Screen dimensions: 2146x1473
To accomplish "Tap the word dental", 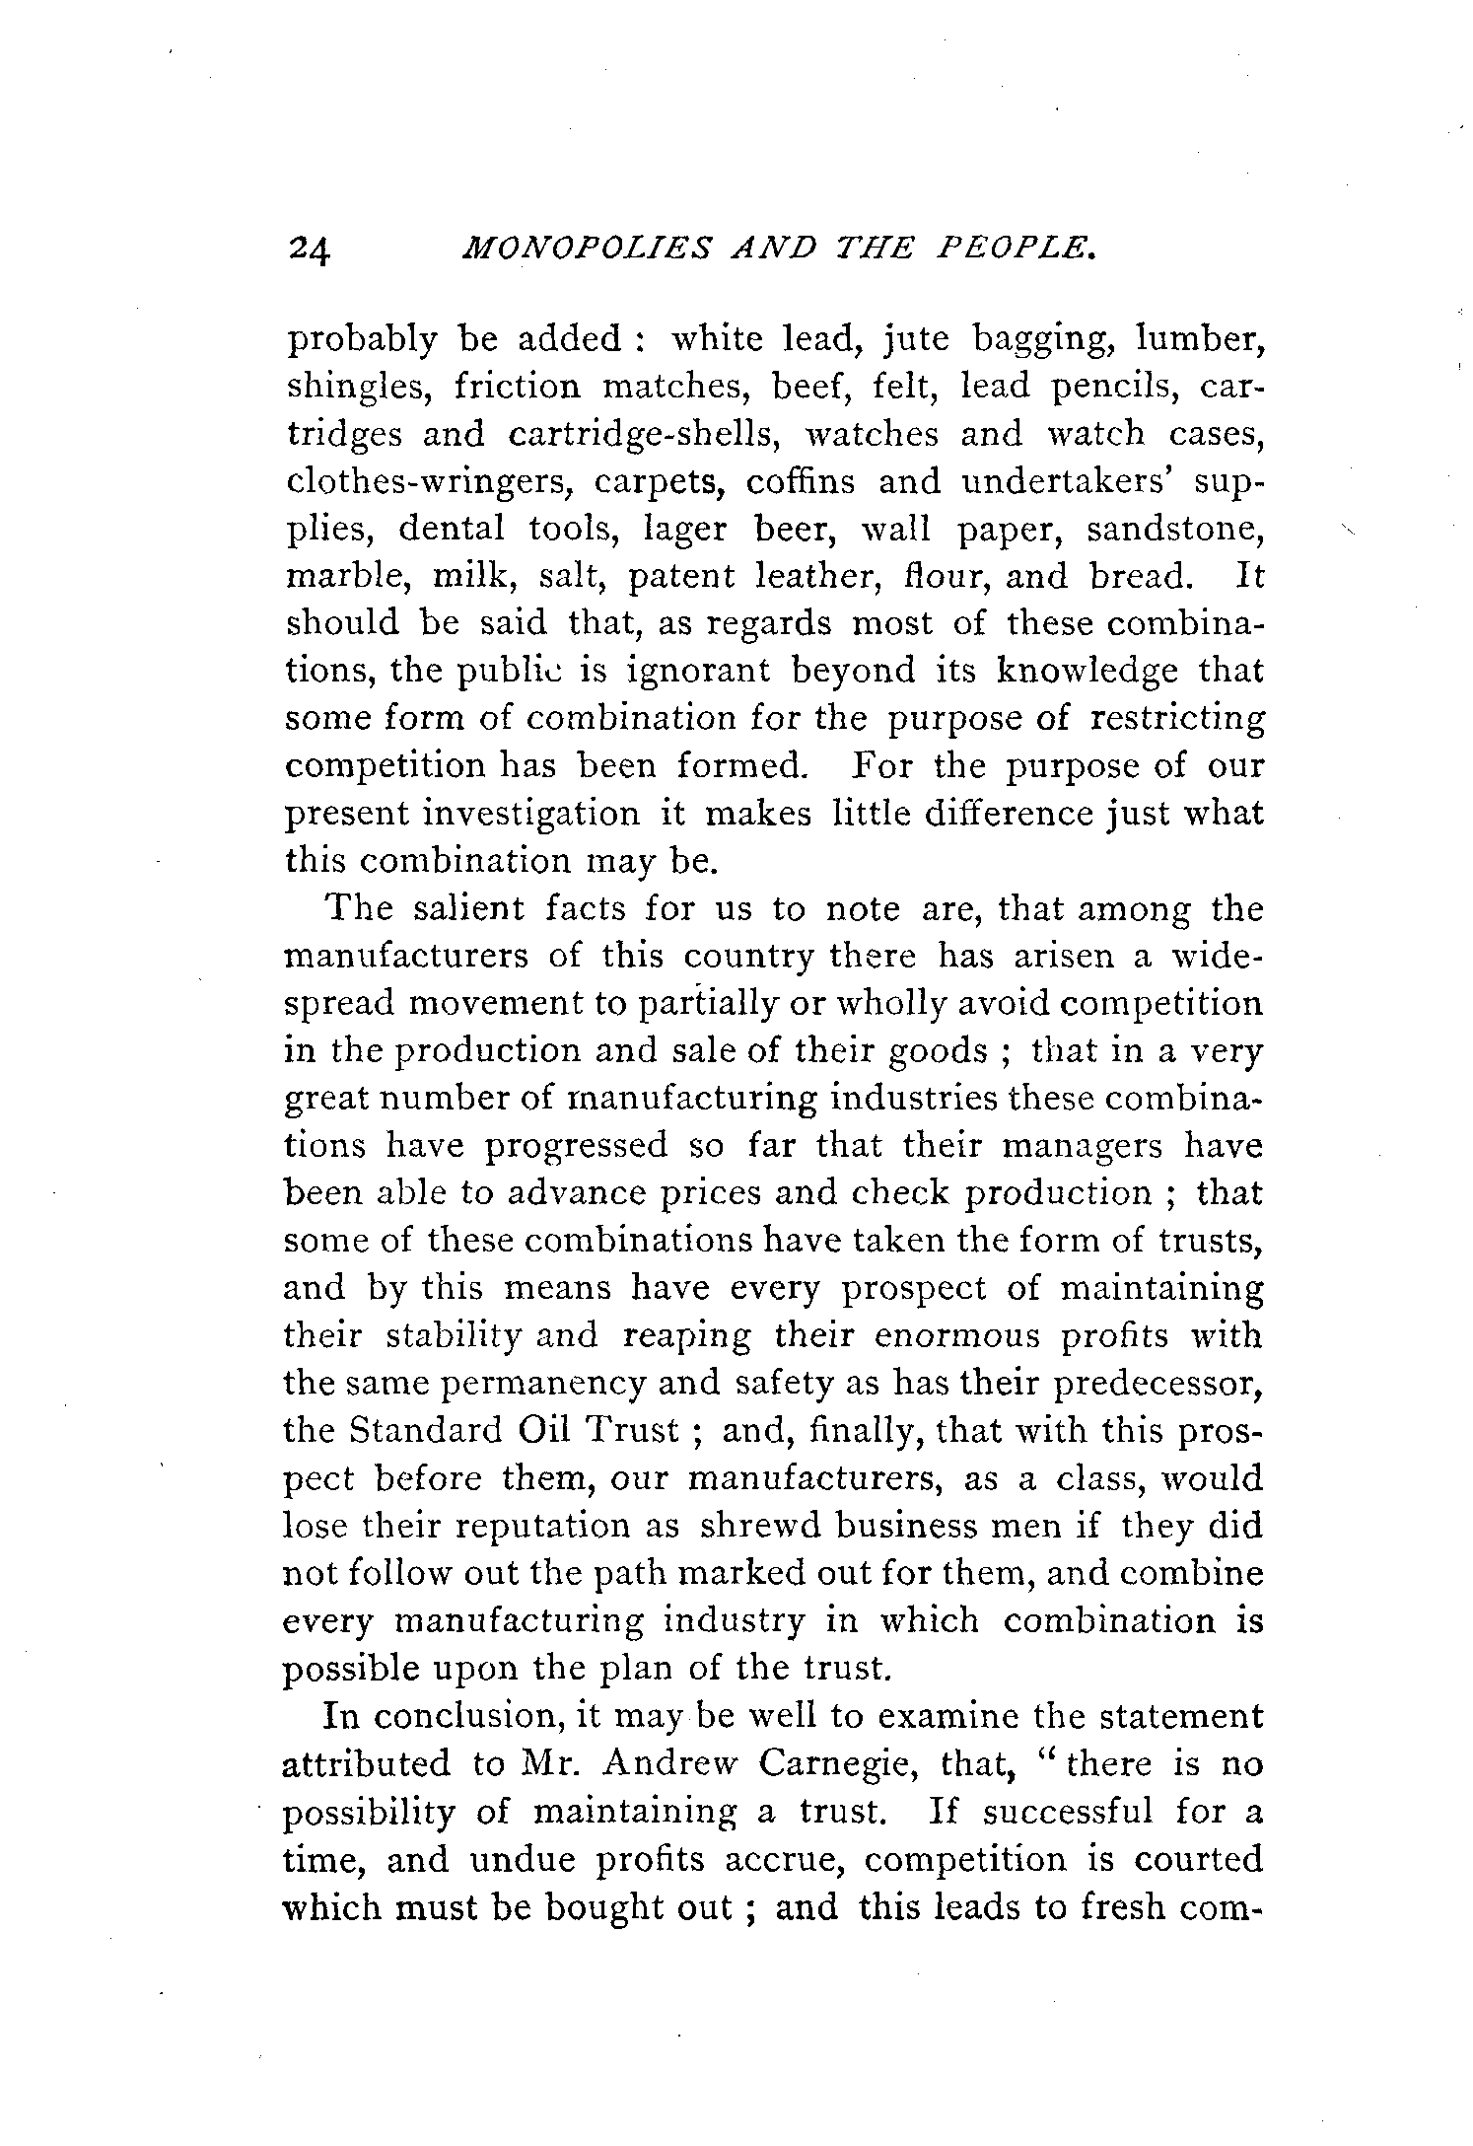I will pos(451,529).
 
